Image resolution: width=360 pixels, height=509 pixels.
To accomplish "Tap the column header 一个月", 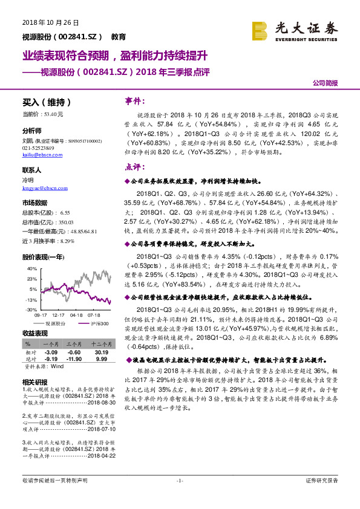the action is pyautogui.click(x=51, y=343).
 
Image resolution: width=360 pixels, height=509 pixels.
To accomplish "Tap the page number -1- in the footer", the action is pyautogui.click(x=180, y=497).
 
